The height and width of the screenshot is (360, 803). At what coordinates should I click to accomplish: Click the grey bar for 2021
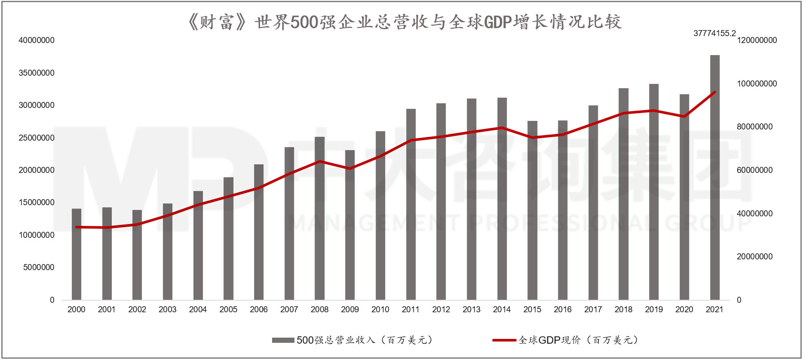coord(714,181)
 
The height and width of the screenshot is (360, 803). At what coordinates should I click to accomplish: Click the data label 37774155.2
coord(714,33)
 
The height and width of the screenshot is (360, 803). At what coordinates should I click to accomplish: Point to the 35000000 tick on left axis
coord(37,73)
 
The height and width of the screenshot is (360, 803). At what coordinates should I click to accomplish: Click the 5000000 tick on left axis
coord(39,267)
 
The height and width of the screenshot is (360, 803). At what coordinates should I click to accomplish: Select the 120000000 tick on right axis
coord(757,40)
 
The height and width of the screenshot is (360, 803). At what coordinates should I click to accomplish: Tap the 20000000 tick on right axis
coord(754,256)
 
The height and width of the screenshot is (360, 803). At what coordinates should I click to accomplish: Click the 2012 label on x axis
coord(441,309)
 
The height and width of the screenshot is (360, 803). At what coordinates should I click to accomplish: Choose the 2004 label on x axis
coord(198,309)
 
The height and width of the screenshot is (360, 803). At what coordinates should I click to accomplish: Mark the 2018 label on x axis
coord(623,309)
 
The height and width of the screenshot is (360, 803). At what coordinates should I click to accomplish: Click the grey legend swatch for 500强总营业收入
coord(283,340)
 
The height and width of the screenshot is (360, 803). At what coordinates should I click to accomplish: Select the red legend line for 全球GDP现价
coord(504,340)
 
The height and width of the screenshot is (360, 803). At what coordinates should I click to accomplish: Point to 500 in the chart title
coord(304,22)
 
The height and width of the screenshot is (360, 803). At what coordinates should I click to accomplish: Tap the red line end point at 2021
coord(714,92)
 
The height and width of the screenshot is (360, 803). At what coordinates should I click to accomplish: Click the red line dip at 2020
coord(684,116)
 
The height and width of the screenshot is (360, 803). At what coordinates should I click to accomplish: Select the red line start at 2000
coord(77,227)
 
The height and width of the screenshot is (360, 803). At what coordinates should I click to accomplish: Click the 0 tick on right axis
coord(739,300)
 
